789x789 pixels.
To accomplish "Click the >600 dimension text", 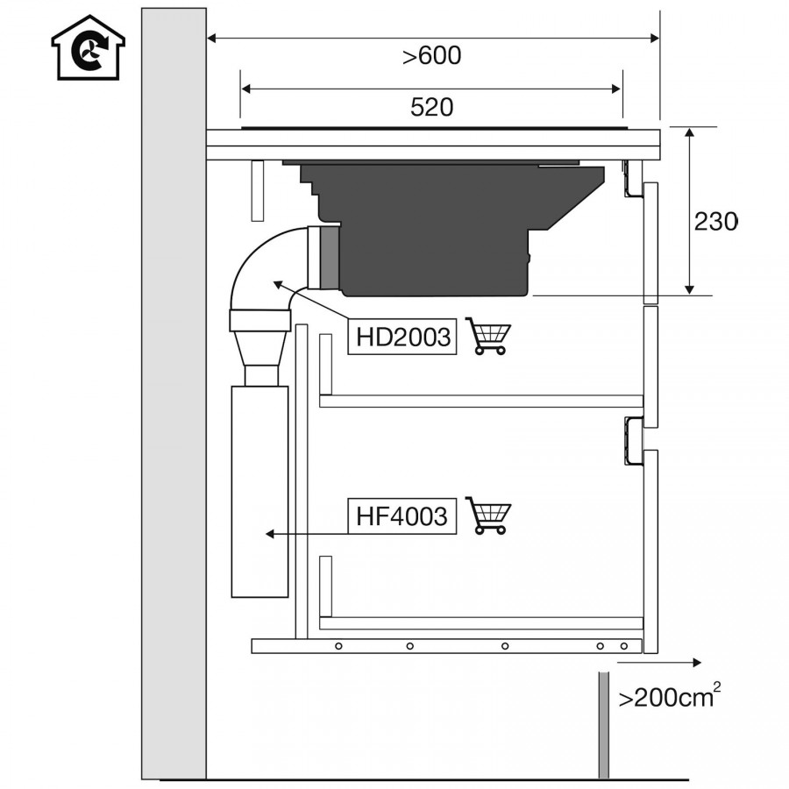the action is [x=431, y=55].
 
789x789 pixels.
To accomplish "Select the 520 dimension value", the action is [x=431, y=107].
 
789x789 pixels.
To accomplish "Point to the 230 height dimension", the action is [x=716, y=221].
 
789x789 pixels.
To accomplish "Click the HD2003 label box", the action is [x=402, y=336].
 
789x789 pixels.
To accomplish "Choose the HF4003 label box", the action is [x=402, y=515].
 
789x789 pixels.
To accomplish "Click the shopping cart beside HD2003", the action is [x=487, y=336].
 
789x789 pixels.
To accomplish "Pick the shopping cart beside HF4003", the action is [x=487, y=515].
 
